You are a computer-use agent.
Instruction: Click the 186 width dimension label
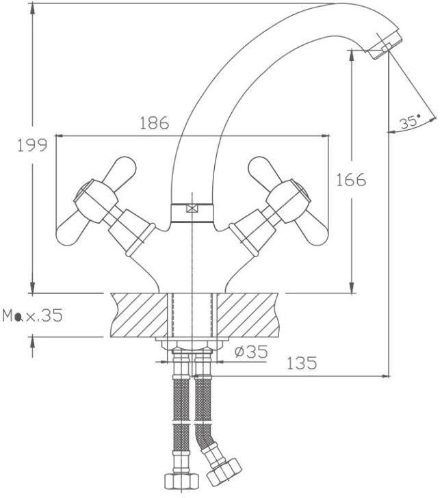click(x=155, y=123)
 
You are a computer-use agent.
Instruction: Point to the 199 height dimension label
click(x=32, y=146)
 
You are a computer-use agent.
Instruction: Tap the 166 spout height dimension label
click(x=351, y=180)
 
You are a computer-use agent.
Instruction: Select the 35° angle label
click(x=410, y=122)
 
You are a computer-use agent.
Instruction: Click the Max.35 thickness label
click(x=33, y=315)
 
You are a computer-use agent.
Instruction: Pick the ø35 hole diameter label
click(x=251, y=352)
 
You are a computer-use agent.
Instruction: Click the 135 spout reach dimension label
click(x=302, y=363)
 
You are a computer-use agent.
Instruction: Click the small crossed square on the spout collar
click(x=192, y=209)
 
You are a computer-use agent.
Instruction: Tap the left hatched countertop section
click(x=138, y=315)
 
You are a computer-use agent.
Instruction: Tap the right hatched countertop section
click(x=248, y=315)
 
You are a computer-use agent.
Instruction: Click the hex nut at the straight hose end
click(x=181, y=482)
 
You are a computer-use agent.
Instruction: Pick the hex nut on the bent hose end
click(x=224, y=474)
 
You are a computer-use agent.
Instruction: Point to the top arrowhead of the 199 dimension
click(x=32, y=9)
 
